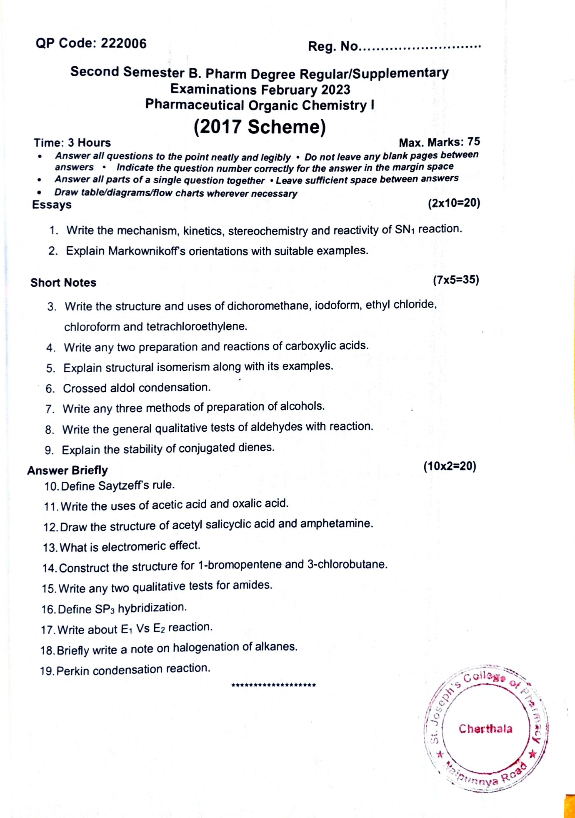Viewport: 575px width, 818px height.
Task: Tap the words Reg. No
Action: [x=332, y=46]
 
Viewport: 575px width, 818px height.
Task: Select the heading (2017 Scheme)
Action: [x=260, y=127]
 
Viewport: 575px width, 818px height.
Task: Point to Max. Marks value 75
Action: [x=473, y=142]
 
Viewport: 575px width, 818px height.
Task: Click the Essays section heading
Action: [x=52, y=205]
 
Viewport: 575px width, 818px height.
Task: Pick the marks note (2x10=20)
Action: [x=454, y=203]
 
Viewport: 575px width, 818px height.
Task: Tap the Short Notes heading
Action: [x=63, y=283]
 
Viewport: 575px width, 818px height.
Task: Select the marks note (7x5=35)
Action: [x=456, y=280]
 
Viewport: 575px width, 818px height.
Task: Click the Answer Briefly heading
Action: [x=67, y=470]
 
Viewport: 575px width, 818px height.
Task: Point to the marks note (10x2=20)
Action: [x=450, y=466]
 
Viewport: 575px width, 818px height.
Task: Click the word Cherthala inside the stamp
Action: [x=485, y=729]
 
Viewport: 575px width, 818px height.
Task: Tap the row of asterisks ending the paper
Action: [x=273, y=685]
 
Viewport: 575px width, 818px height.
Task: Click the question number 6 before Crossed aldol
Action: [x=50, y=389]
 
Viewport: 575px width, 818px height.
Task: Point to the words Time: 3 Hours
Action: [x=72, y=143]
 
